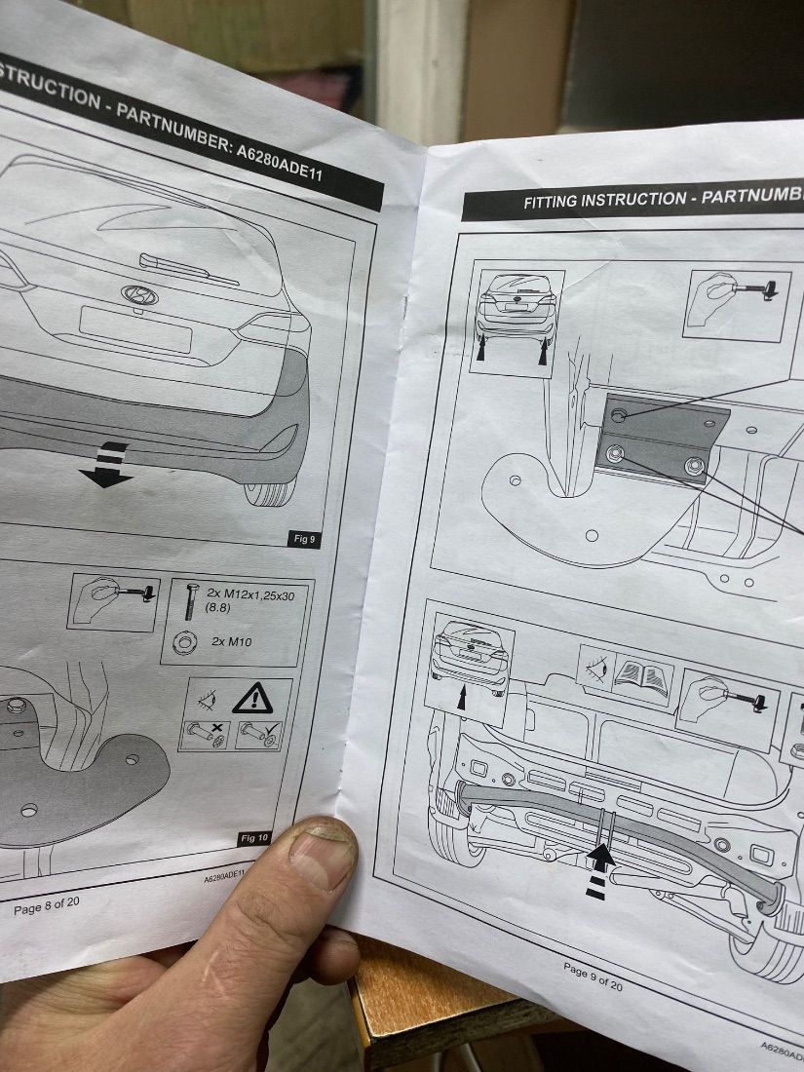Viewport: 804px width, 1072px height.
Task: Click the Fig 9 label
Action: click(x=304, y=539)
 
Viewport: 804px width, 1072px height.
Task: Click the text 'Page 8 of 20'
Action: click(x=47, y=906)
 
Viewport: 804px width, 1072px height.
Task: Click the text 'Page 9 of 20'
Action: click(x=593, y=975)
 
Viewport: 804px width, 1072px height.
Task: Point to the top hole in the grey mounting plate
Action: click(x=618, y=415)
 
